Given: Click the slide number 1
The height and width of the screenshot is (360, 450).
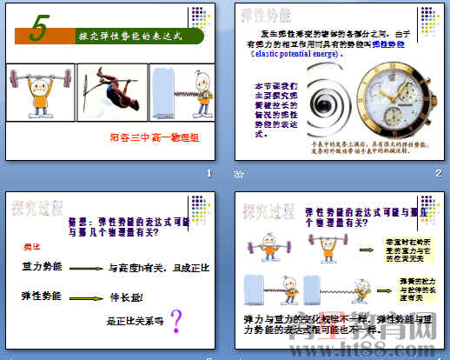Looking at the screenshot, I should click(208, 174).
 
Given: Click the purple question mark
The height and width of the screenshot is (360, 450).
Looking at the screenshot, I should click(176, 322).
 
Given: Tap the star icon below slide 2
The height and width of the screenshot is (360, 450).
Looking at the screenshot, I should click(240, 174).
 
